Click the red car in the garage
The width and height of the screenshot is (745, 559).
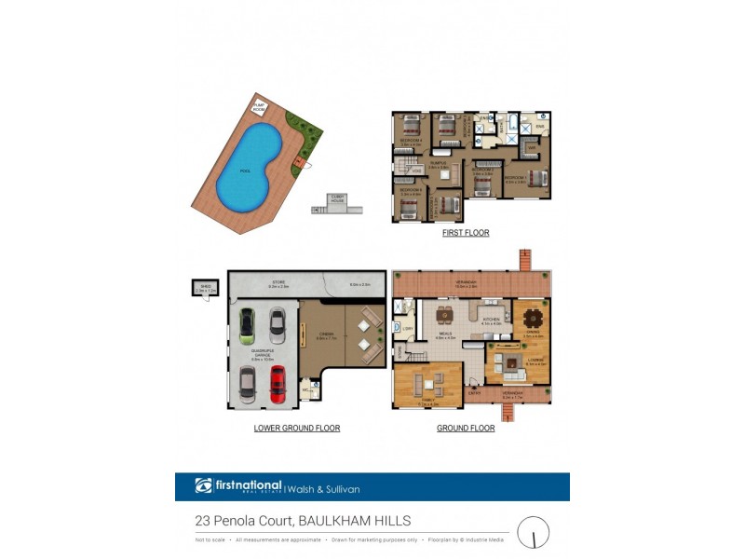[278, 383]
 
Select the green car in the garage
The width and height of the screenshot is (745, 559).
[247, 326]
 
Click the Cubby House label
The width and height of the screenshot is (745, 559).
[338, 197]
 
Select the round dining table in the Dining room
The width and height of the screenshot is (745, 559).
[533, 320]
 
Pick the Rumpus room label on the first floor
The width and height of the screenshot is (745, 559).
[437, 165]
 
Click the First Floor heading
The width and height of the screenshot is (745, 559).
[466, 233]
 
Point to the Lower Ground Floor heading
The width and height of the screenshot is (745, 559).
[297, 429]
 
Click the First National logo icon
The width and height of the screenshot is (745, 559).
[204, 485]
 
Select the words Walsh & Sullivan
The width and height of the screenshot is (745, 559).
[323, 488]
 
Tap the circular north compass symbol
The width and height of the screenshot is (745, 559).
[534, 533]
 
